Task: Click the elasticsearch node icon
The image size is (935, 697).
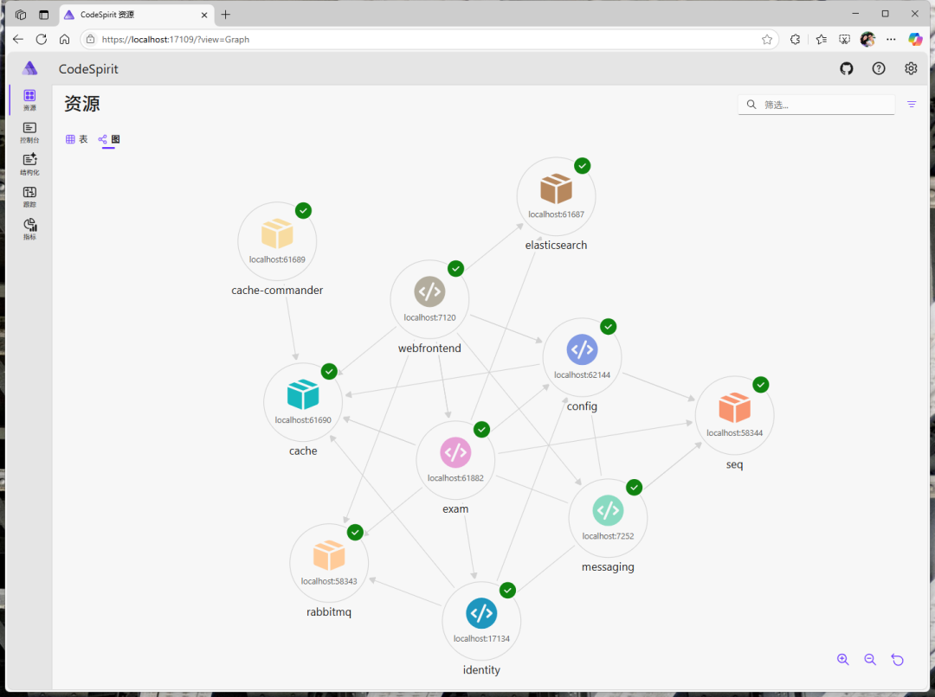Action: coord(556,189)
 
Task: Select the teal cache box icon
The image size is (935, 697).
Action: coord(303,394)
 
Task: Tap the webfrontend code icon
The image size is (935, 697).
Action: coord(429,292)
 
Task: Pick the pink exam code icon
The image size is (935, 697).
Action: coord(455,452)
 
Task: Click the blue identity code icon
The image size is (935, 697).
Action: coord(481,613)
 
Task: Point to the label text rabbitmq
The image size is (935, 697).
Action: coord(329,612)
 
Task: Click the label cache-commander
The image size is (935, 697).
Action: coord(277,291)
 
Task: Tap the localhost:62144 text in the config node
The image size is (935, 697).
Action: coord(582,375)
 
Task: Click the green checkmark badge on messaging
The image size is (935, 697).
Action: coord(635,488)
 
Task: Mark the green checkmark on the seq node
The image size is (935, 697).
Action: coord(761,385)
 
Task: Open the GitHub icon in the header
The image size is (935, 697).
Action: coord(847,69)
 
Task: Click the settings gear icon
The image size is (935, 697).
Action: coord(911,69)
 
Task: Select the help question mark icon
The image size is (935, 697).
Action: coord(879,69)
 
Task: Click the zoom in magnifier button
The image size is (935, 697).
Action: coord(842,660)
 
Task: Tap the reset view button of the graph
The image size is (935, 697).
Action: coord(898,660)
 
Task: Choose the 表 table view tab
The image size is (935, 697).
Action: coord(77,139)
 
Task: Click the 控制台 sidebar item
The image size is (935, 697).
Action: coord(29,132)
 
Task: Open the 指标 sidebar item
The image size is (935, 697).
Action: coord(29,229)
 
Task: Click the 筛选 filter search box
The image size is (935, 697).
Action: coord(822,105)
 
